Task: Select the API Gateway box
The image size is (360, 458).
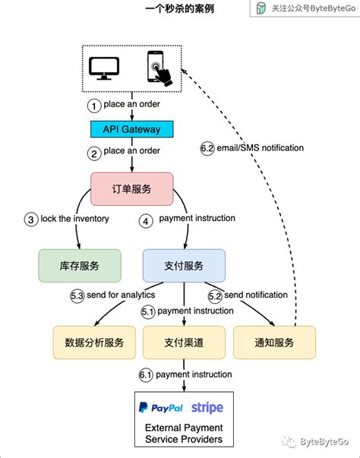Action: [134, 129]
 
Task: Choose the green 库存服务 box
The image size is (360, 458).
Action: [80, 267]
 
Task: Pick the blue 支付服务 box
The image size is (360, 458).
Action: [184, 267]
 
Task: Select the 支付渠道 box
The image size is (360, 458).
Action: [183, 342]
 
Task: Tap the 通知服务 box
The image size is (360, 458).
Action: [274, 342]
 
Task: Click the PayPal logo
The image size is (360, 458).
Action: [161, 408]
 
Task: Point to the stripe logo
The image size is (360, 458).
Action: [207, 408]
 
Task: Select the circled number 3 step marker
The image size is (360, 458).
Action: [31, 219]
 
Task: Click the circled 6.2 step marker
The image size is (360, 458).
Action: [207, 148]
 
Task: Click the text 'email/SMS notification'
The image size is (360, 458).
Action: [260, 148]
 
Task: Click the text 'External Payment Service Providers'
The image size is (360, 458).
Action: [184, 434]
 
